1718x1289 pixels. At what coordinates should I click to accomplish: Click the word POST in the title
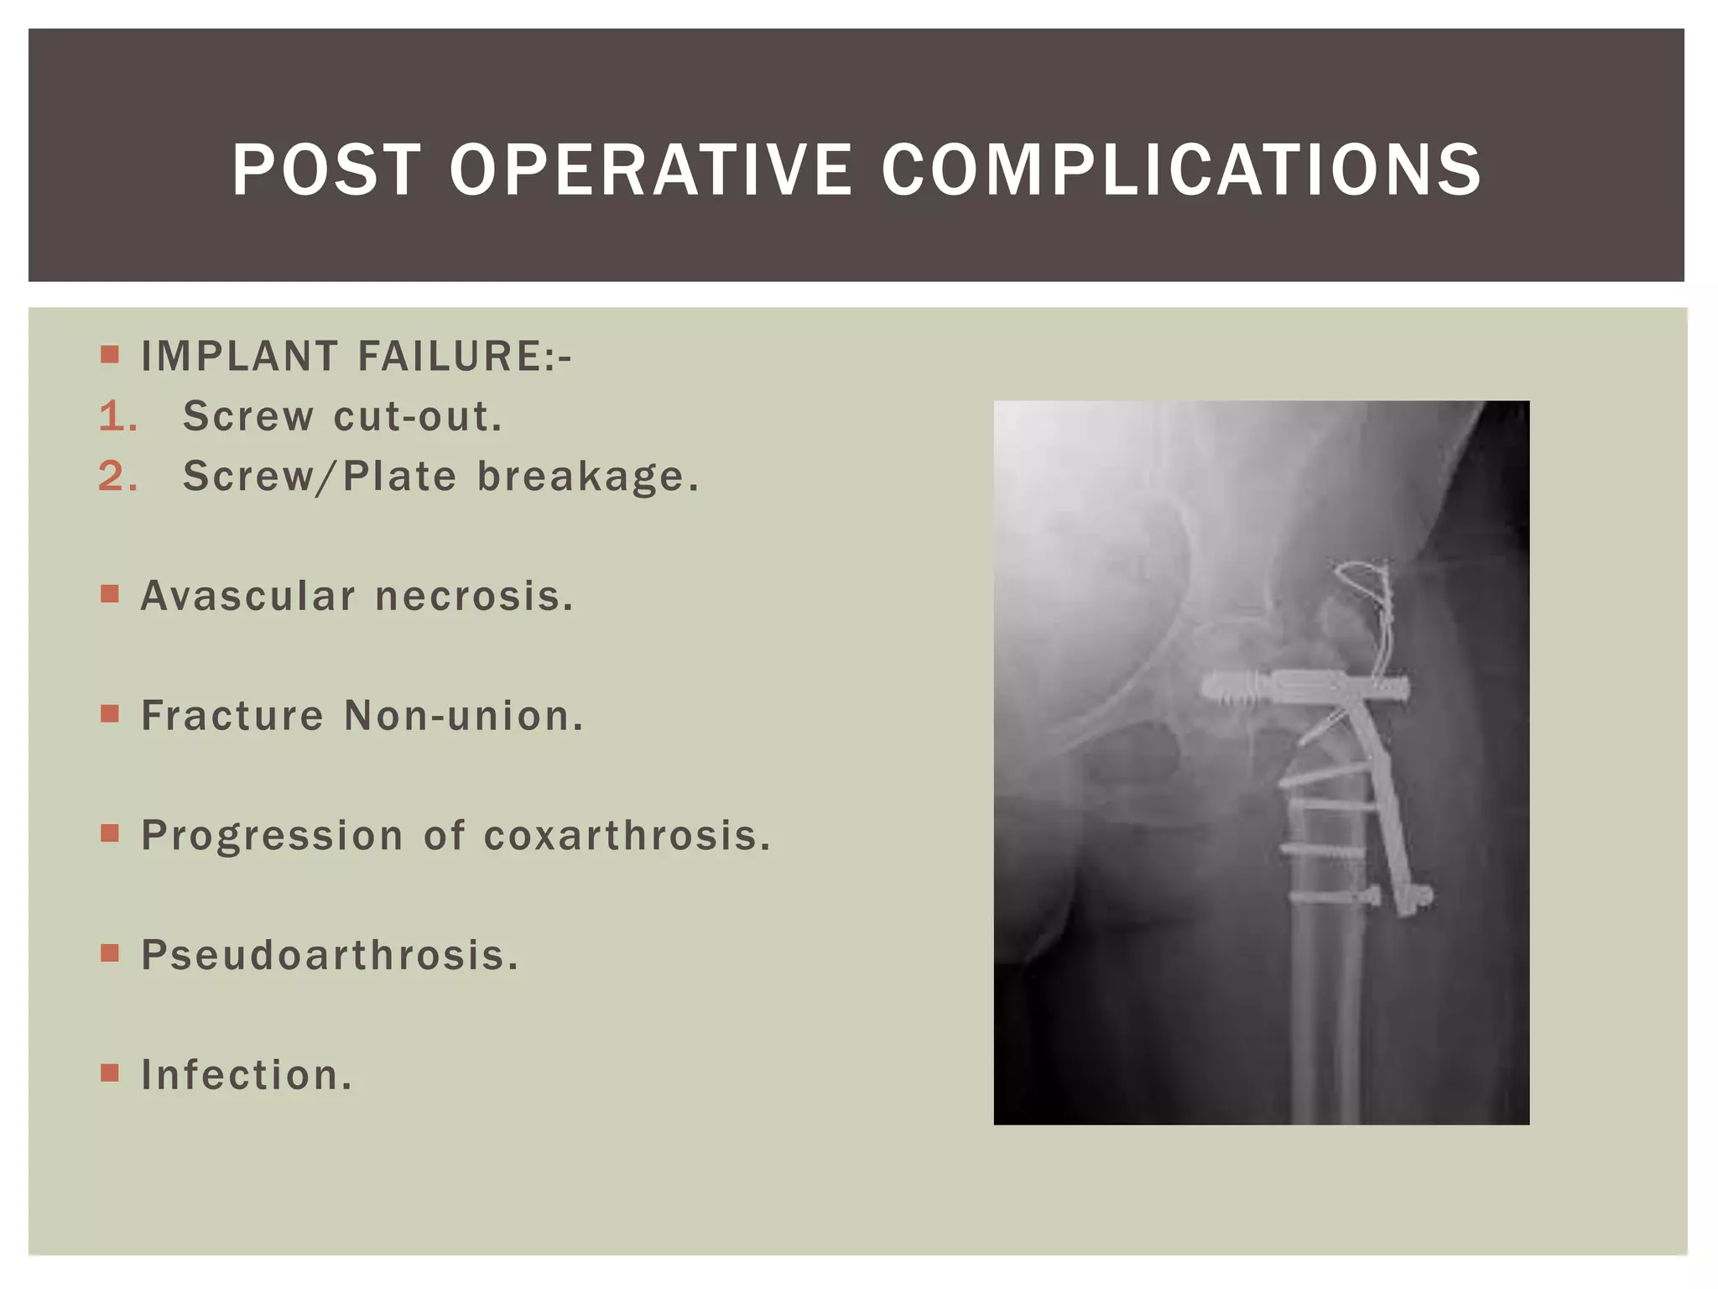[325, 170]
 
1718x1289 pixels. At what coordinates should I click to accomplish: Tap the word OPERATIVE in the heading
[650, 170]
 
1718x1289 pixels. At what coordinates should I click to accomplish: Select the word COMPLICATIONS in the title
[1181, 170]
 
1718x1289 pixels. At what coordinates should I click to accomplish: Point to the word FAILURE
[458, 357]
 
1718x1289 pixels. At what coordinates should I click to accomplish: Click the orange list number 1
[117, 417]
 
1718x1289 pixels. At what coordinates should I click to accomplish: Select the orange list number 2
[117, 478]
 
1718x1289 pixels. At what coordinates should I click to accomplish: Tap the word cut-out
[418, 417]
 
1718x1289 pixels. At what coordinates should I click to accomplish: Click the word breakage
[587, 478]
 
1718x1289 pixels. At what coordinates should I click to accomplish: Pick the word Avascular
[248, 597]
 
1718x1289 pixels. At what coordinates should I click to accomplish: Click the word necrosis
[474, 597]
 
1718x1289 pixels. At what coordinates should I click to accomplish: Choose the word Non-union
[463, 717]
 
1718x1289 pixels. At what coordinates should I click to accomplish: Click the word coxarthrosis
[627, 836]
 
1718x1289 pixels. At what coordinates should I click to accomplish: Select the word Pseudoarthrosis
[330, 956]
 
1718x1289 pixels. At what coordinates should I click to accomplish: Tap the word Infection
[247, 1075]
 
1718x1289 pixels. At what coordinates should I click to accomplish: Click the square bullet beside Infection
[110, 1072]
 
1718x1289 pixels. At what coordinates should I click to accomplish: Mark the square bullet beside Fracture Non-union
[110, 713]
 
